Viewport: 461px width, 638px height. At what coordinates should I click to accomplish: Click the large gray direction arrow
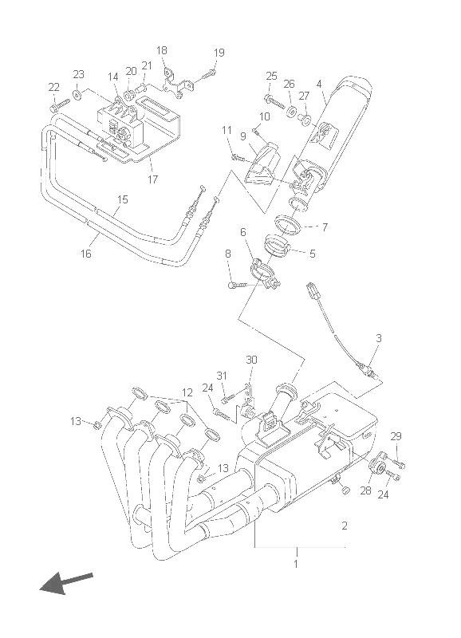[66, 583]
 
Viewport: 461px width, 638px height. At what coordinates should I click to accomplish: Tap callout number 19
[219, 53]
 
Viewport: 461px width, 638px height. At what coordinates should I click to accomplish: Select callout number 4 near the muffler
[319, 84]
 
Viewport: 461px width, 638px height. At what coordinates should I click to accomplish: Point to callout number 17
[152, 179]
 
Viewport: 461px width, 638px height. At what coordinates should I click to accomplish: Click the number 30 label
[251, 360]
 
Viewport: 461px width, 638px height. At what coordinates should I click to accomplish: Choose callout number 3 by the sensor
[378, 337]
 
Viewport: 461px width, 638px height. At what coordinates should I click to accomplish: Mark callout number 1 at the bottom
[296, 564]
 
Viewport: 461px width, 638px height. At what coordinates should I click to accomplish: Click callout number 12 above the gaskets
[187, 392]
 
